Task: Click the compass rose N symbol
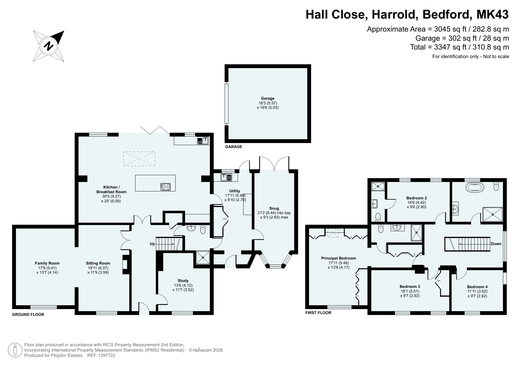coord(49,46)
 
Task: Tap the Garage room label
coord(267,99)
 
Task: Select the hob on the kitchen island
coord(165,186)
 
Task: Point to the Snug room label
coord(274,209)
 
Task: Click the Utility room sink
coord(226,177)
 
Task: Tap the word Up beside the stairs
coord(152,244)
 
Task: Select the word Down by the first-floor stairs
coord(496,244)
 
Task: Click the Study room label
coord(183,281)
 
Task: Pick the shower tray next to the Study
coord(203,257)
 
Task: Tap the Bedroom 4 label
coord(477,287)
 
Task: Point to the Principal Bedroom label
coord(339,258)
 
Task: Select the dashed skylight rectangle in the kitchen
coord(139,159)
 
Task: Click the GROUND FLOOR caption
coord(28,315)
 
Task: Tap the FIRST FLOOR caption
coord(318,313)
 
